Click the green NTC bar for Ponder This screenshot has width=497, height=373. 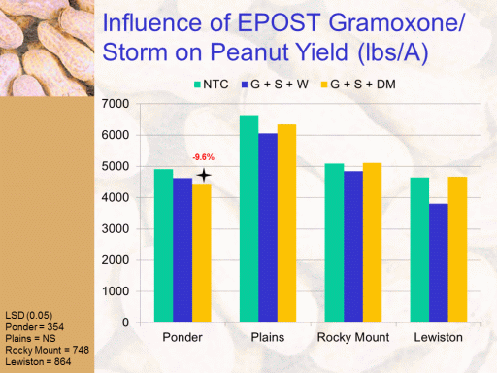tap(163, 246)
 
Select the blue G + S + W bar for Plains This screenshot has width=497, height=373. tap(268, 228)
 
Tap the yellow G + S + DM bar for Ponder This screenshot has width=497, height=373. tap(202, 254)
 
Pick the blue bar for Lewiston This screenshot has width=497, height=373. tap(439, 263)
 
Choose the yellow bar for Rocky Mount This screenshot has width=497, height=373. tap(372, 243)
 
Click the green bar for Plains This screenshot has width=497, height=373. tap(248, 219)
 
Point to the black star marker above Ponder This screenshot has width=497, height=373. tap(204, 176)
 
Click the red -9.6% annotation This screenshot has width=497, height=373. tap(204, 157)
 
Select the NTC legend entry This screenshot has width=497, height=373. tap(212, 85)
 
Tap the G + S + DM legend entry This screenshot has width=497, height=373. tap(358, 85)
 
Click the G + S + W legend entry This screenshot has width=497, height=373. tap(275, 85)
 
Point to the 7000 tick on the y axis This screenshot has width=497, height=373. tap(116, 104)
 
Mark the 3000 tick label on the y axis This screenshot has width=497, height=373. tap(116, 229)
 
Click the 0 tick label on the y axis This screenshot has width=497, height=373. tap(125, 322)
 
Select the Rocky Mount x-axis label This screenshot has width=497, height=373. tap(353, 337)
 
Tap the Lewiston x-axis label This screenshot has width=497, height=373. tap(439, 337)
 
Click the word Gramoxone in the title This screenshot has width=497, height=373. tap(396, 22)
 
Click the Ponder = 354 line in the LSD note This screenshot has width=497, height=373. tap(35, 327)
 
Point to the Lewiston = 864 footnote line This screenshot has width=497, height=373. tap(38, 361)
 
